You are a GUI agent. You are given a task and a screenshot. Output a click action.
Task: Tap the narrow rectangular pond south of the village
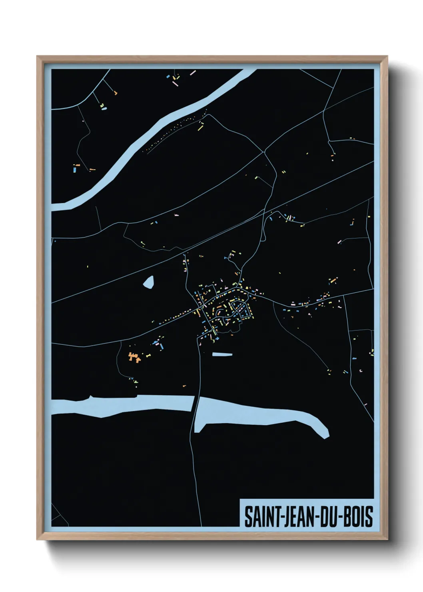point(222,354)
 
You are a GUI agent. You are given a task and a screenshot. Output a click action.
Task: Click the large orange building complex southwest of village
point(134,356)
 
